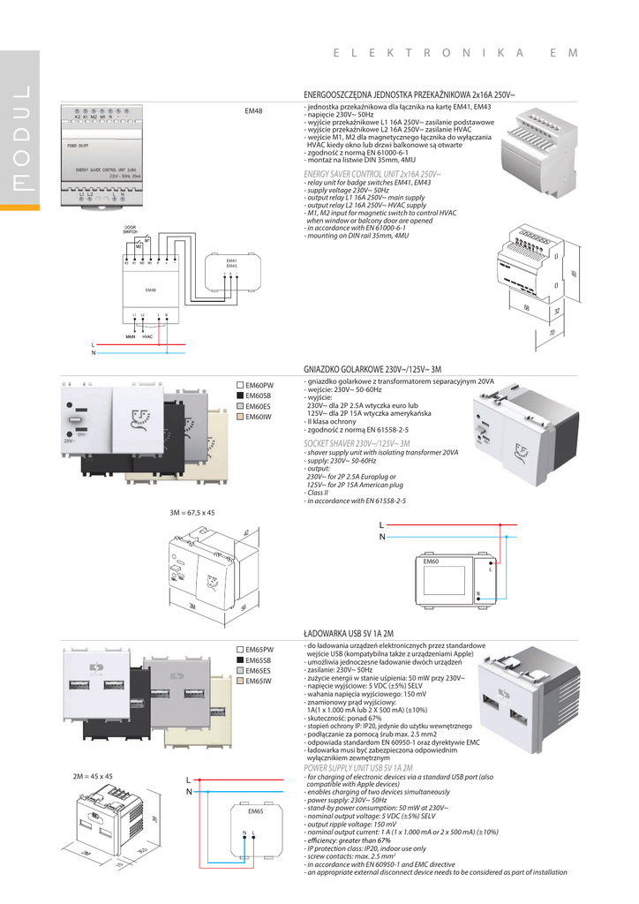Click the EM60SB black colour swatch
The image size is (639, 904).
point(239,396)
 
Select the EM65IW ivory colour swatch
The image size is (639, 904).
point(239,681)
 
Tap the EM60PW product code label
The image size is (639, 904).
point(259,386)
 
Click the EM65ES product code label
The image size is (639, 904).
point(259,671)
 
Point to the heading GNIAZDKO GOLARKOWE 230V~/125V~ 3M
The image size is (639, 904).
point(372,369)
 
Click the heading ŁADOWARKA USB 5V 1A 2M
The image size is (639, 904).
point(348,634)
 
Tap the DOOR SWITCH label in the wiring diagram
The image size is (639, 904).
point(130,229)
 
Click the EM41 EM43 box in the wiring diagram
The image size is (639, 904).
point(232,264)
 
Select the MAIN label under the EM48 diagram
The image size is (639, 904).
point(130,336)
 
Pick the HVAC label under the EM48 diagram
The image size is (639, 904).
point(147,336)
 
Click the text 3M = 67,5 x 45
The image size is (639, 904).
point(192,512)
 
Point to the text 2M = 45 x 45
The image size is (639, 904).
point(93,776)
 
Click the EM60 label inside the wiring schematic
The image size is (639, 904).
point(432,561)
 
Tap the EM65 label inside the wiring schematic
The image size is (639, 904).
point(256,810)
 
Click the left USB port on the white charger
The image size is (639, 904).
point(74,688)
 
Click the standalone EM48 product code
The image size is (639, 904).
point(253,111)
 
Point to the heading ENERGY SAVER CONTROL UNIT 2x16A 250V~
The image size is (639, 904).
point(372,175)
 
